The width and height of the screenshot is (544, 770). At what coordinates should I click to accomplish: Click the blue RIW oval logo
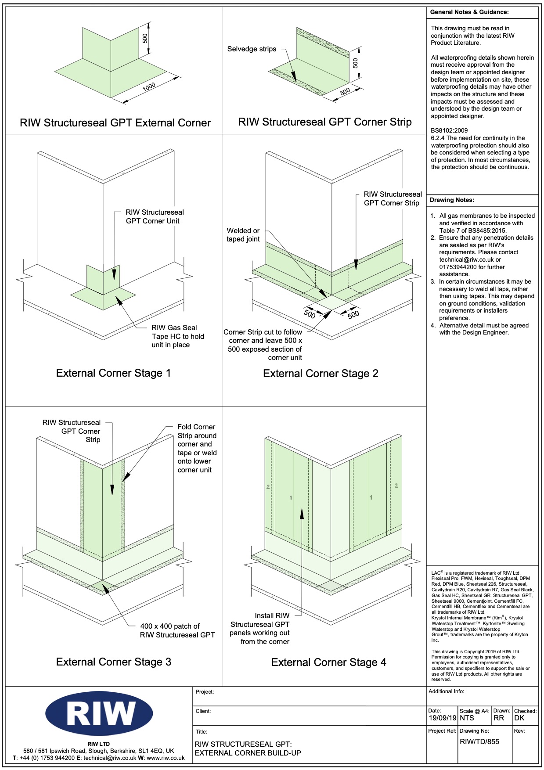[99, 713]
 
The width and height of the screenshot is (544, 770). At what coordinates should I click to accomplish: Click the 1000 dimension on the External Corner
[149, 87]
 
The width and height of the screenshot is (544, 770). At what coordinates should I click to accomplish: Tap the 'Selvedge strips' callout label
[252, 49]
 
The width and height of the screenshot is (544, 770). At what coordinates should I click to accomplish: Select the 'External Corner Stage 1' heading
[113, 373]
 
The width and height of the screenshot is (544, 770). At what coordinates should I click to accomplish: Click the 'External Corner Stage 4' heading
[328, 662]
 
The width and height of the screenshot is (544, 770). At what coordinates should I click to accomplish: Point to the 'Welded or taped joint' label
[243, 235]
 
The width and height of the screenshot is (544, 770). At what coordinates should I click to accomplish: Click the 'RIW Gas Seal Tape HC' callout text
[177, 336]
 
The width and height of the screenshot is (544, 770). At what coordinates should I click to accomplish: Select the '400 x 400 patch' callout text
[177, 630]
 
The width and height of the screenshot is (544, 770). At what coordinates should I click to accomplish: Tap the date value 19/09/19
[443, 718]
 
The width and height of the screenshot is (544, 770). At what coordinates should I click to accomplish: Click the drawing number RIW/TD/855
[479, 741]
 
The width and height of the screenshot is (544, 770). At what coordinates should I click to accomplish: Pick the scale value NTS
[467, 718]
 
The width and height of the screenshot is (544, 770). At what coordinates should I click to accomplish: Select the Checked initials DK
[519, 718]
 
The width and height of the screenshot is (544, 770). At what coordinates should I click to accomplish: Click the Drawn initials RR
[499, 718]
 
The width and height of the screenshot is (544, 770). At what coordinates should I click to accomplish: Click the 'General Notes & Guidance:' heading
[469, 12]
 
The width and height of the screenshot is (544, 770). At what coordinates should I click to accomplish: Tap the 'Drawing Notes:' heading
[452, 200]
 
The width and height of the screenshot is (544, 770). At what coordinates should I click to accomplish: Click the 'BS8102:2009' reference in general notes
[449, 130]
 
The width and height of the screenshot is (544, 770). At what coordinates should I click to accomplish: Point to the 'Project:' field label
[205, 692]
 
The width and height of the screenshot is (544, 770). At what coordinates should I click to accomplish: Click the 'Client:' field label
[203, 711]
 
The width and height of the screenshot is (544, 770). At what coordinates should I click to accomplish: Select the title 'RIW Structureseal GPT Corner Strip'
[325, 122]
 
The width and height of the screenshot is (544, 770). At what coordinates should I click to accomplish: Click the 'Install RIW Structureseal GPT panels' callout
[259, 629]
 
